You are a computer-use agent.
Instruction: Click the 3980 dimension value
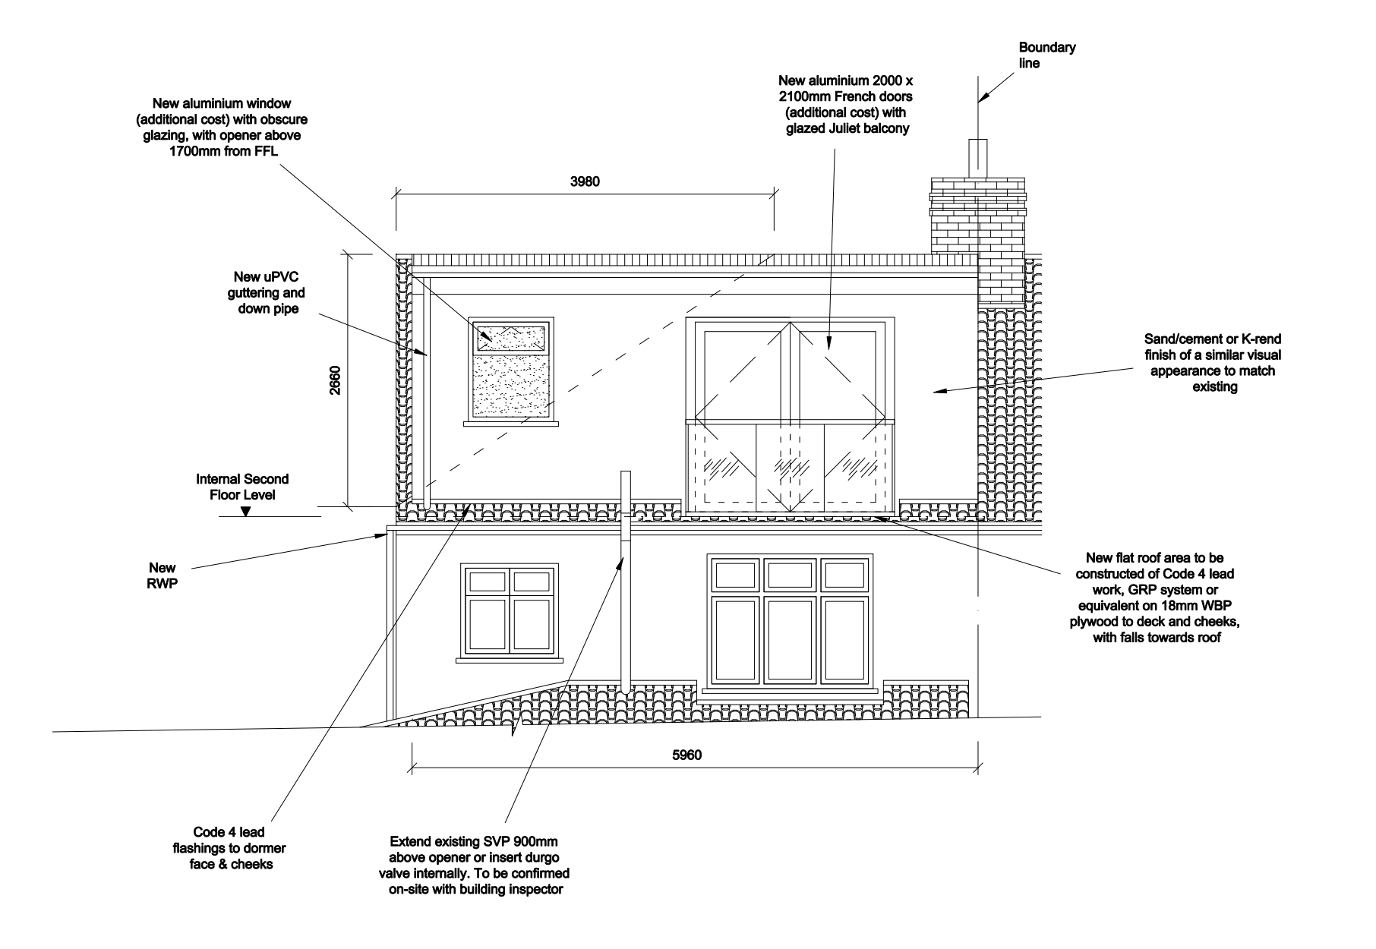tap(585, 181)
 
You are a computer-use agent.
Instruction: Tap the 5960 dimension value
tap(686, 755)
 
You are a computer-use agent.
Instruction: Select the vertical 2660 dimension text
tap(335, 380)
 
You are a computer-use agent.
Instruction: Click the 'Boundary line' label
tap(1046, 55)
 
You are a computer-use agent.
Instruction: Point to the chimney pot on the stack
tap(978, 158)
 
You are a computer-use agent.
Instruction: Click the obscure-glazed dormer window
tap(510, 368)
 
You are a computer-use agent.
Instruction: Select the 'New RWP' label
tap(163, 575)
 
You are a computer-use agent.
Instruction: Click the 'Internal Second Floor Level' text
tap(242, 487)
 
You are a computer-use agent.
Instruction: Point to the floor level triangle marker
tap(245, 512)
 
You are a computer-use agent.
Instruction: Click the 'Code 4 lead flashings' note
tap(230, 848)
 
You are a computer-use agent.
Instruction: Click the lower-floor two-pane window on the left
tap(510, 610)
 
